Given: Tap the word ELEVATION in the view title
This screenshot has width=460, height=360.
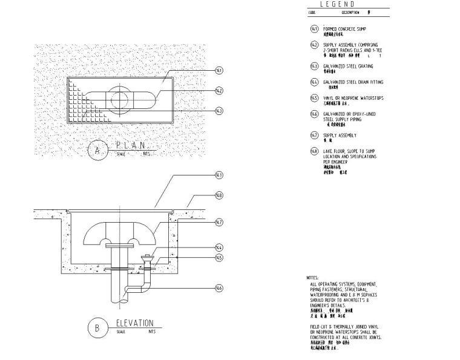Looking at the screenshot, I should point(134,323).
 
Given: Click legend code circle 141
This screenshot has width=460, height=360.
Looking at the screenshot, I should point(314,29).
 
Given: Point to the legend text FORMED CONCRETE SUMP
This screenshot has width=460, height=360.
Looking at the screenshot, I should point(344,29).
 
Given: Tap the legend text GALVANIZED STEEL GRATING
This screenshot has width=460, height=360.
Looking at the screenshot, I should point(348,66).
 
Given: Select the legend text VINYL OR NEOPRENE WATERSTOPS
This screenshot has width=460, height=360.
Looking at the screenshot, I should point(353,98).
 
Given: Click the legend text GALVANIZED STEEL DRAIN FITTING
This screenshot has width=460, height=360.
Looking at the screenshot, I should point(353,82).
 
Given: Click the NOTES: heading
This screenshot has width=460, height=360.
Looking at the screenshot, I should point(312,278).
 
